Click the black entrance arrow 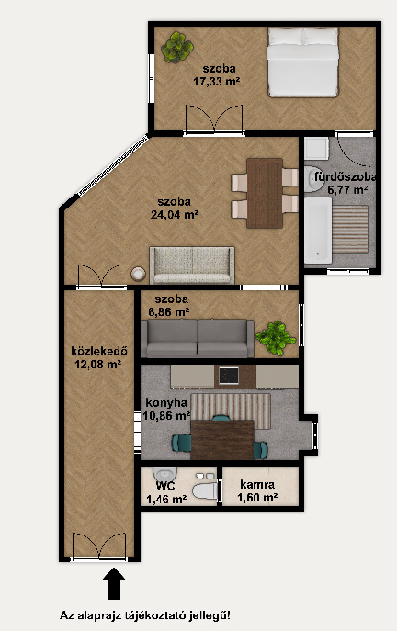click(114, 583)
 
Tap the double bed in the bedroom click(302, 62)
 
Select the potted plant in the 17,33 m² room click(177, 48)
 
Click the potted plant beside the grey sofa click(276, 338)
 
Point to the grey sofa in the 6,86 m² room click(197, 338)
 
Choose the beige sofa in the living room click(192, 265)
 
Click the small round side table click(138, 274)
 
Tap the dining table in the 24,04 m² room click(265, 193)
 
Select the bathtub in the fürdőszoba click(318, 231)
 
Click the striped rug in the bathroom click(350, 229)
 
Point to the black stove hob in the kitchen click(229, 376)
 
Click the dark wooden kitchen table click(222, 440)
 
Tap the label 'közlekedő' click(99, 351)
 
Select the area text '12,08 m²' click(98, 365)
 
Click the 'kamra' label click(257, 484)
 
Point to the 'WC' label click(165, 486)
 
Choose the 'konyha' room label click(166, 402)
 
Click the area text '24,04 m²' click(175, 215)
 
